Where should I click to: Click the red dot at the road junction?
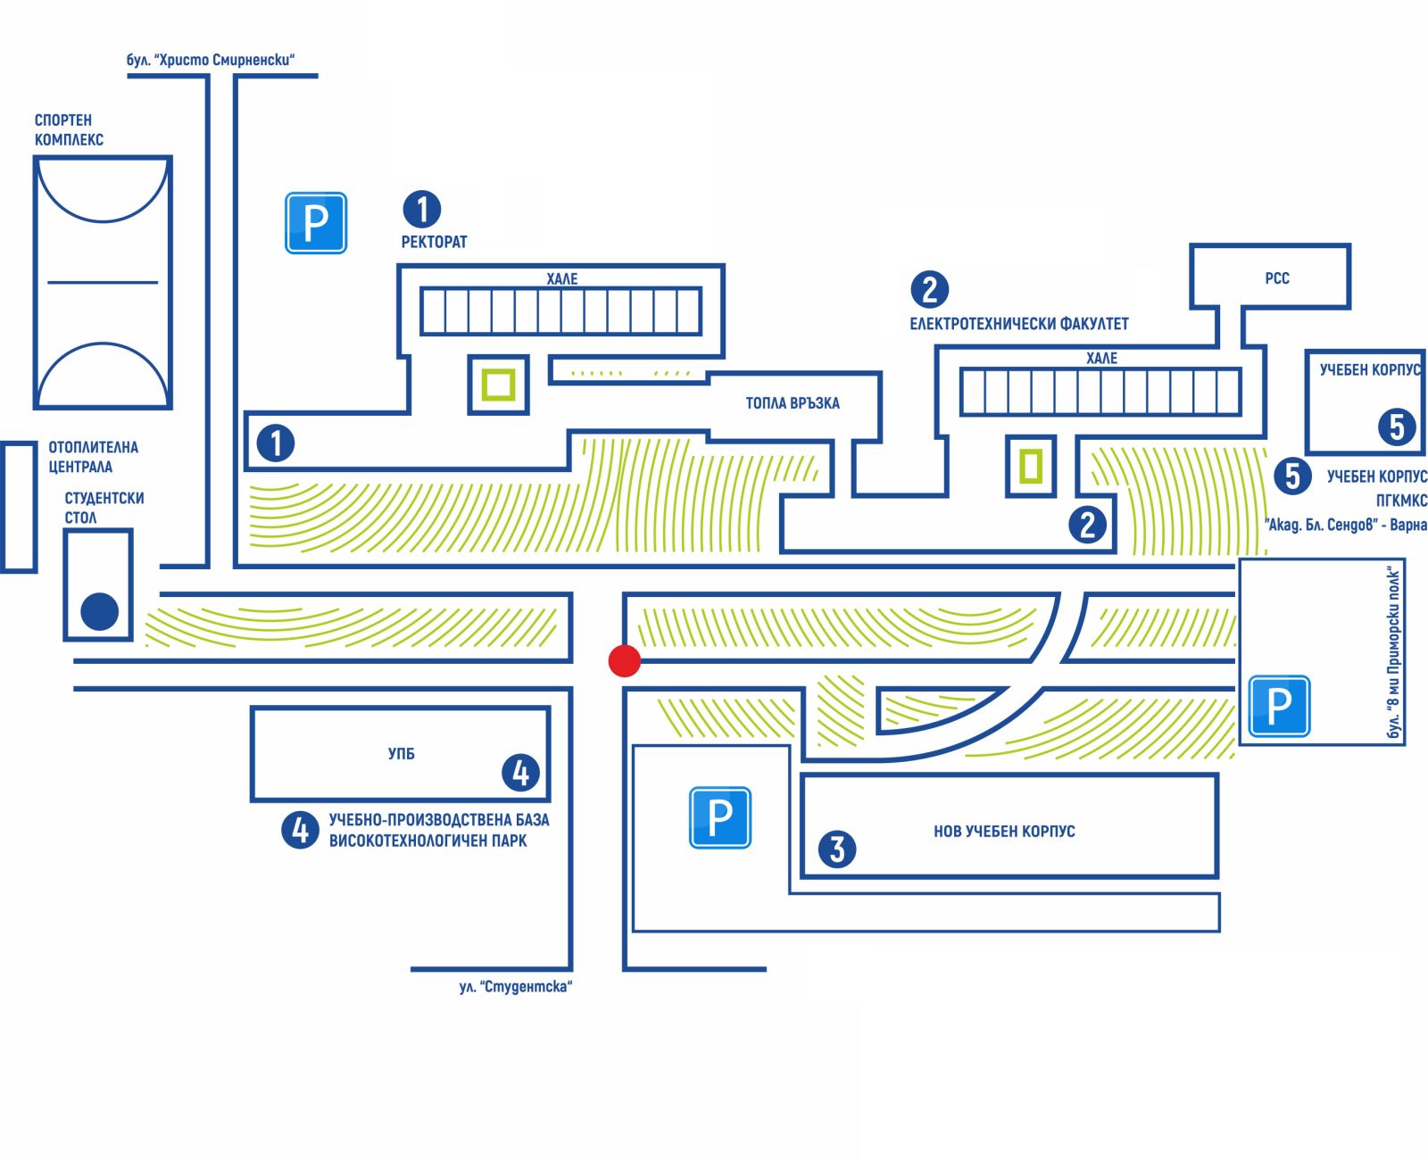pos(624,660)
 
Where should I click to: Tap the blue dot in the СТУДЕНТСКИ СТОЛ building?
pos(99,612)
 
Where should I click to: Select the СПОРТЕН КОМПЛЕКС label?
pos(69,129)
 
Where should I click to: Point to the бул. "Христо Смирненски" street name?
pos(211,61)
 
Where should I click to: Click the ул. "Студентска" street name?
pos(515,987)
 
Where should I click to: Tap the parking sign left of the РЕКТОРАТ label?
pos(315,223)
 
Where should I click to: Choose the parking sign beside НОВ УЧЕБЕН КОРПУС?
pos(719,817)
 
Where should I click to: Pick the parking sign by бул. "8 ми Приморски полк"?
pos(1278,706)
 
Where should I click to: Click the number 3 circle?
pos(836,849)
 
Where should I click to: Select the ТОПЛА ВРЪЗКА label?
pos(793,403)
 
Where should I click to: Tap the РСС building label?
pos(1276,278)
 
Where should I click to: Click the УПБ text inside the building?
pos(402,754)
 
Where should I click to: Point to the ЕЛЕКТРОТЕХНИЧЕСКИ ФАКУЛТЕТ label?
pos(1019,324)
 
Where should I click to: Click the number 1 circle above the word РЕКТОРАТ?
pos(422,209)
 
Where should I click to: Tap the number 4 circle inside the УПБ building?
pos(520,773)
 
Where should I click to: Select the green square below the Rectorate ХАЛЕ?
pos(498,385)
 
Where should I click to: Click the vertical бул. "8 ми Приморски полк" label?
pos(1394,652)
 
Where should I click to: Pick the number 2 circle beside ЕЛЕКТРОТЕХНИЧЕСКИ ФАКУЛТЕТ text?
pos(929,289)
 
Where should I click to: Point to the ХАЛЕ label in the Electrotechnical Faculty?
pos(1101,358)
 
